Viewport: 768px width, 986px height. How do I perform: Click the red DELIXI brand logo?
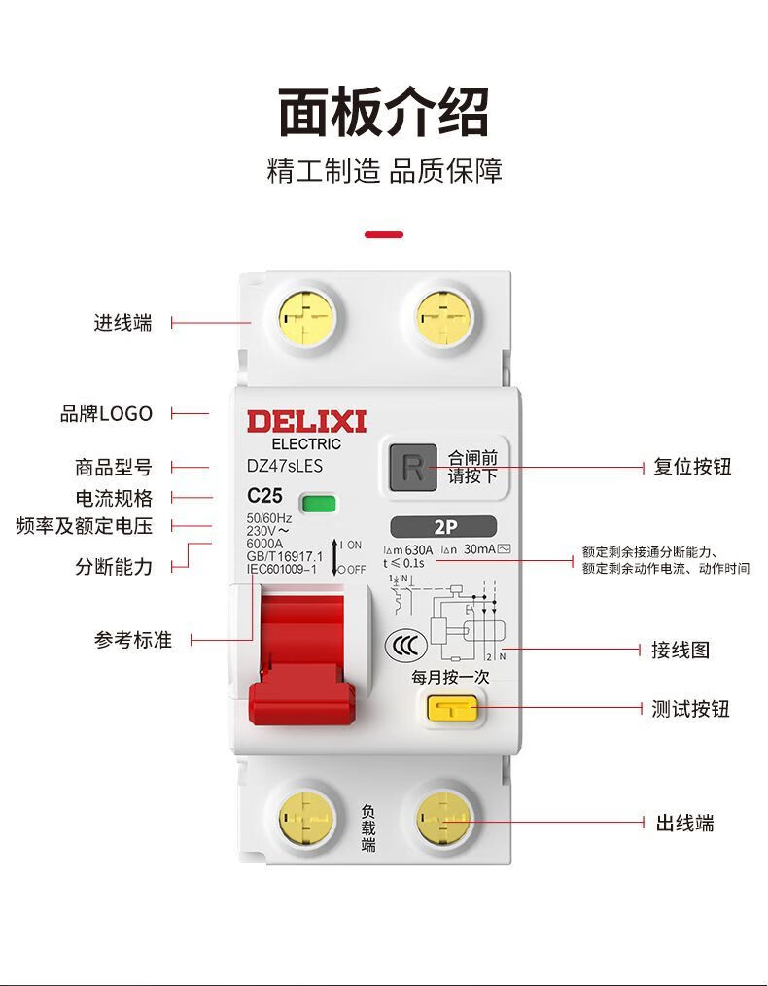coord(305,422)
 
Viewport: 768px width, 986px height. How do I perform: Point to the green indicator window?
coord(318,503)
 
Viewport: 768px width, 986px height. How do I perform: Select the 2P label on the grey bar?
coord(444,528)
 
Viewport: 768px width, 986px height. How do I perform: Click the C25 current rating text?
coord(264,495)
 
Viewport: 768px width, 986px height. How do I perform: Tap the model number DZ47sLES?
coord(284,467)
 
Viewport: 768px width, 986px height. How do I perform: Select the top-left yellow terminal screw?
coord(306,318)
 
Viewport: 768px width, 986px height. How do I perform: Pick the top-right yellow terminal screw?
coord(444,318)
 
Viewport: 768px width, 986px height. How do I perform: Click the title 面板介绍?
coord(384,112)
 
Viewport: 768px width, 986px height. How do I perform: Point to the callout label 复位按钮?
coord(691,467)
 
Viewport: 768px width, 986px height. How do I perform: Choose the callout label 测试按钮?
coord(690,709)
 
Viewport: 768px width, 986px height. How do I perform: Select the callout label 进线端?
coord(123,323)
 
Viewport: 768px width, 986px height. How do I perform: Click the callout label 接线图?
coord(681,650)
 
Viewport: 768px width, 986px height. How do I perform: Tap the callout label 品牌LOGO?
coord(107,413)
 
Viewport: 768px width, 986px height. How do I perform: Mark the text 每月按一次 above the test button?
coord(450,677)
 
